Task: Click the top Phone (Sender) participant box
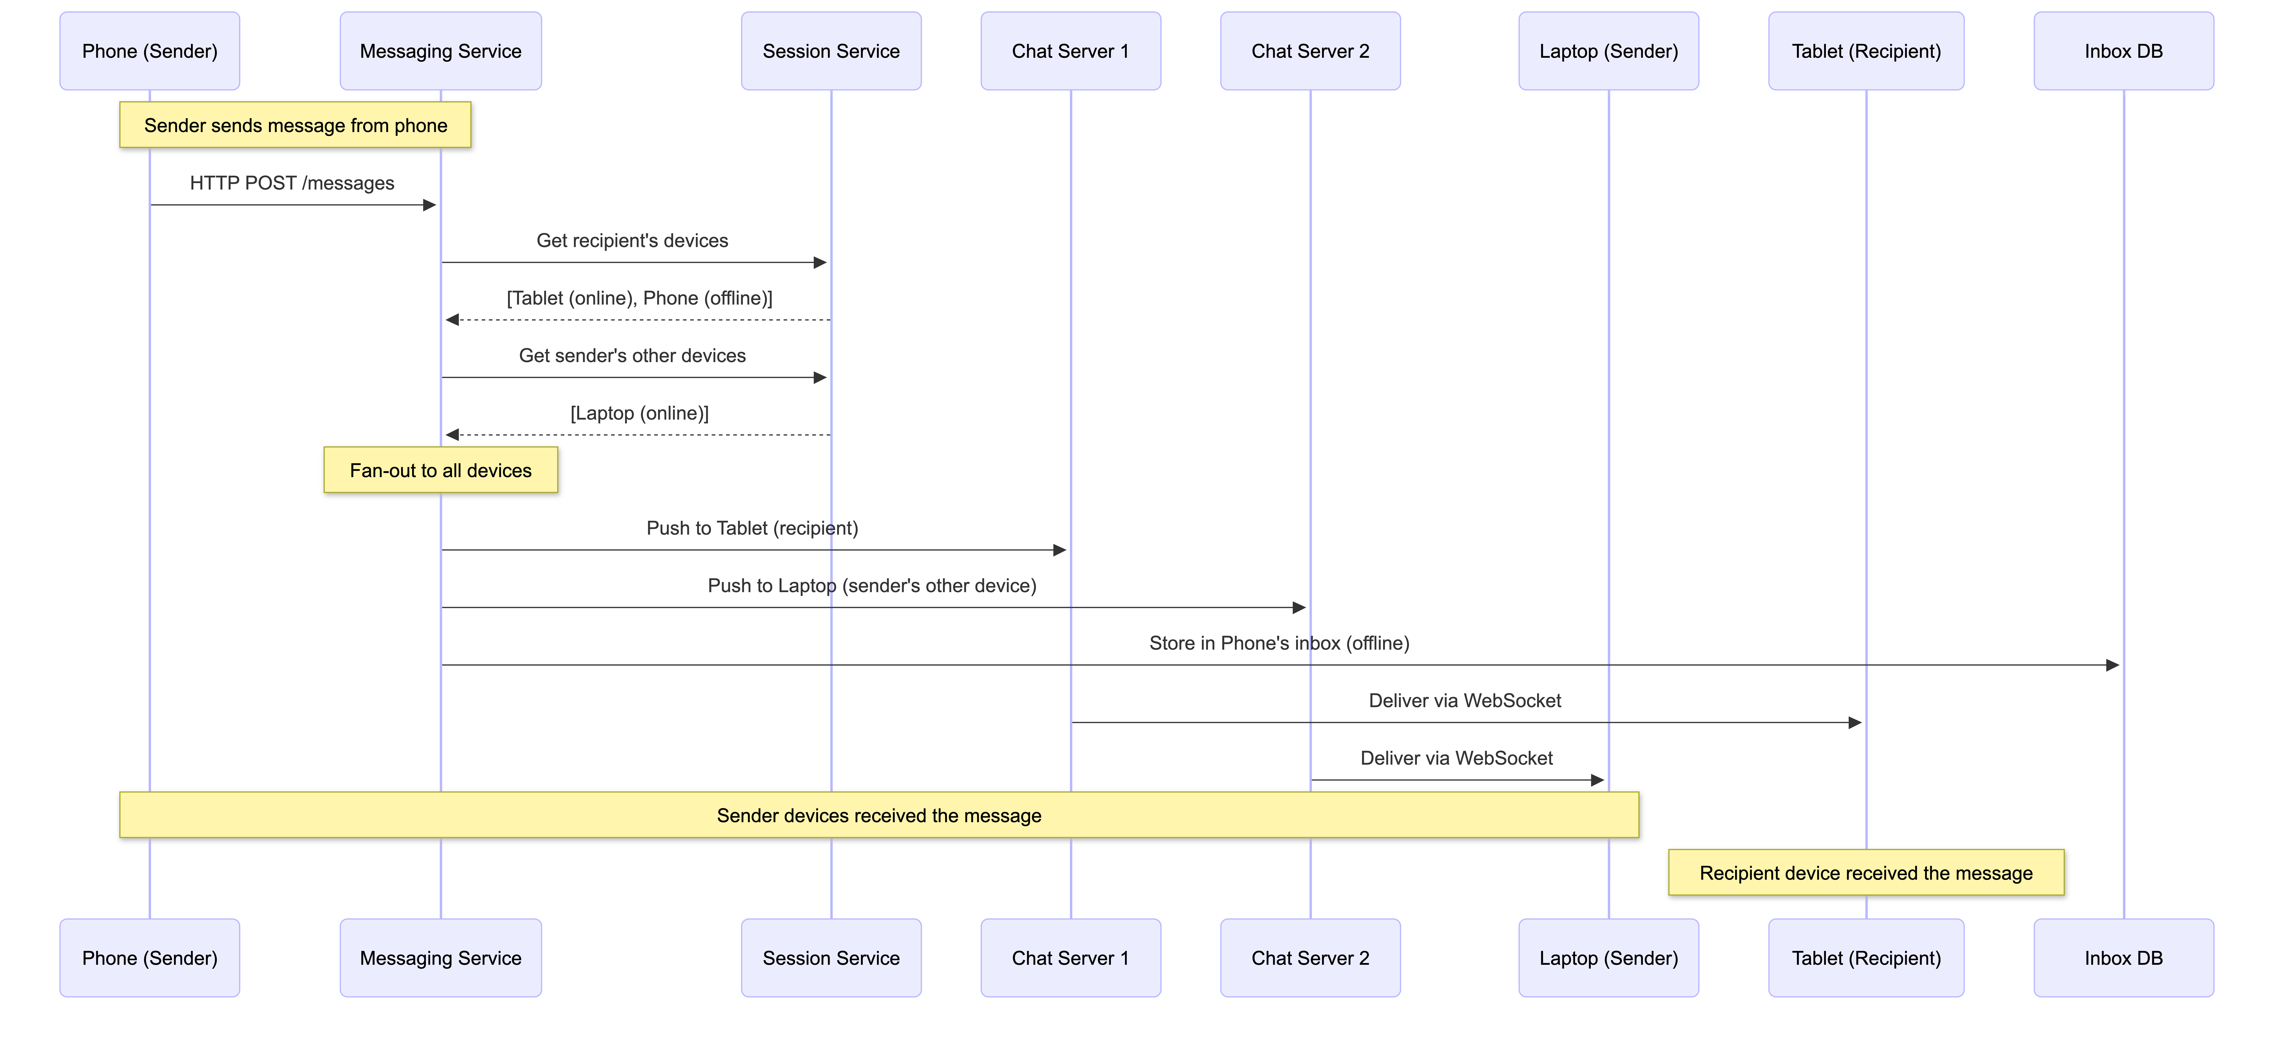click(149, 51)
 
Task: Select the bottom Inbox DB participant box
click(2123, 958)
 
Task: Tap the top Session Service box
click(831, 51)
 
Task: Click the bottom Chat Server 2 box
click(1310, 958)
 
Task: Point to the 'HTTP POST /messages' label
click(292, 183)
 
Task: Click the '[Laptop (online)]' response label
click(639, 413)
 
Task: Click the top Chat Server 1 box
click(1070, 51)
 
